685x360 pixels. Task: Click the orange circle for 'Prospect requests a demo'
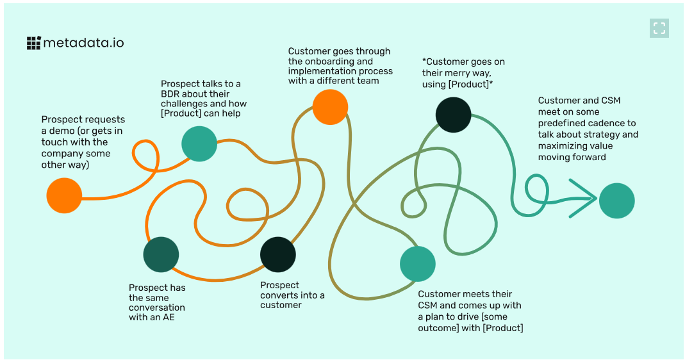pos(64,195)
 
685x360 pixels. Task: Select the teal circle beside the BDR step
pos(199,143)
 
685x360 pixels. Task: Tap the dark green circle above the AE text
pos(161,254)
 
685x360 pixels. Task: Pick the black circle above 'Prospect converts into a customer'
pos(278,254)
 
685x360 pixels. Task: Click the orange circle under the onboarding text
pos(330,107)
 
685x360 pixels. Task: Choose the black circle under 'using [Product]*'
pos(453,115)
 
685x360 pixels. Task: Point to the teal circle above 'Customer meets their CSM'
pos(418,263)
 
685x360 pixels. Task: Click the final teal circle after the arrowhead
pos(616,200)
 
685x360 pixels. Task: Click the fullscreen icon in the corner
pos(659,28)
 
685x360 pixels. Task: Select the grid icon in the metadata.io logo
pos(33,43)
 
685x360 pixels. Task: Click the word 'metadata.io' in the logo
pos(83,43)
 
